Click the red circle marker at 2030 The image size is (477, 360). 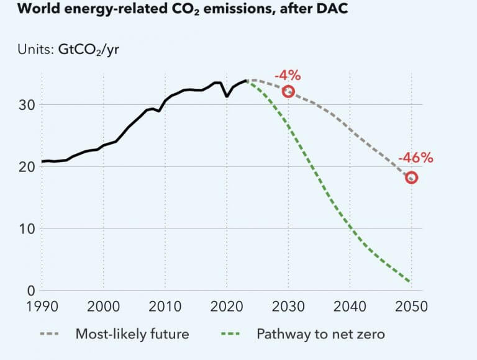click(288, 92)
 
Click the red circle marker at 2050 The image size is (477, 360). click(411, 178)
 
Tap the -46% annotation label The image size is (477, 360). click(415, 158)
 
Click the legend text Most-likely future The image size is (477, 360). click(132, 335)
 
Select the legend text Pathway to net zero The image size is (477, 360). click(320, 335)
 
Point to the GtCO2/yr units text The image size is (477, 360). click(88, 49)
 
